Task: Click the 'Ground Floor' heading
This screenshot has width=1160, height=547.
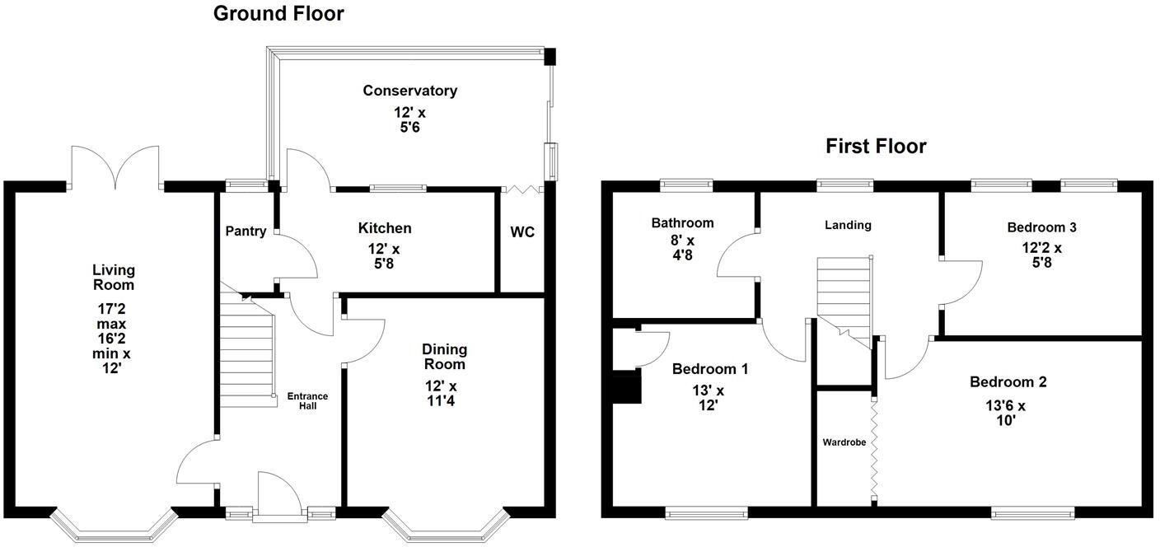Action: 278,13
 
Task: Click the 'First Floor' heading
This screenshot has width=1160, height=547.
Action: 876,147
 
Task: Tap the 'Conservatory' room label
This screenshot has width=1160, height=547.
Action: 409,91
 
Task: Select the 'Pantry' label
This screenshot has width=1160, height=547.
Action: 246,231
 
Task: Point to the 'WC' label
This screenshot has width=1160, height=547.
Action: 522,232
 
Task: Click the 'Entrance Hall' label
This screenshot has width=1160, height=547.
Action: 307,401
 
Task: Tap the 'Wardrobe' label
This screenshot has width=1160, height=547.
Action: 844,442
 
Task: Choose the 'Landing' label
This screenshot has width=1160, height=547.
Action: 848,225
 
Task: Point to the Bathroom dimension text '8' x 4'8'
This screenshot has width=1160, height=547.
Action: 683,248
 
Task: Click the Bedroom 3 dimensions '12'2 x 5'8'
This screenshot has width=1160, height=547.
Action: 1041,255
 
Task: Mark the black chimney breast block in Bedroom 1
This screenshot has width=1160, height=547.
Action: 628,387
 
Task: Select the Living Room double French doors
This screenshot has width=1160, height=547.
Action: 115,169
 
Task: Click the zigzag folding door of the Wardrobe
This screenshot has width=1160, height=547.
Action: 873,449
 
